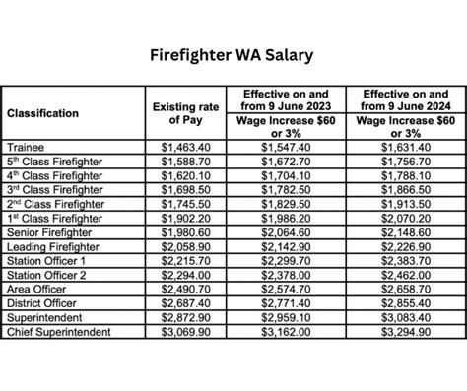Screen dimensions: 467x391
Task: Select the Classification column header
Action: click(x=43, y=113)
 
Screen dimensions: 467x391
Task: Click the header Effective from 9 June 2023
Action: click(x=287, y=99)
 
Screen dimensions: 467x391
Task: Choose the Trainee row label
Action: click(x=26, y=146)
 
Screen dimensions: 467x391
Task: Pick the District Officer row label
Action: click(x=41, y=302)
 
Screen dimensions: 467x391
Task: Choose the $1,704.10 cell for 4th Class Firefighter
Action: click(x=287, y=174)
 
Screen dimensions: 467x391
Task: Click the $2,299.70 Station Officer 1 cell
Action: click(x=287, y=260)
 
